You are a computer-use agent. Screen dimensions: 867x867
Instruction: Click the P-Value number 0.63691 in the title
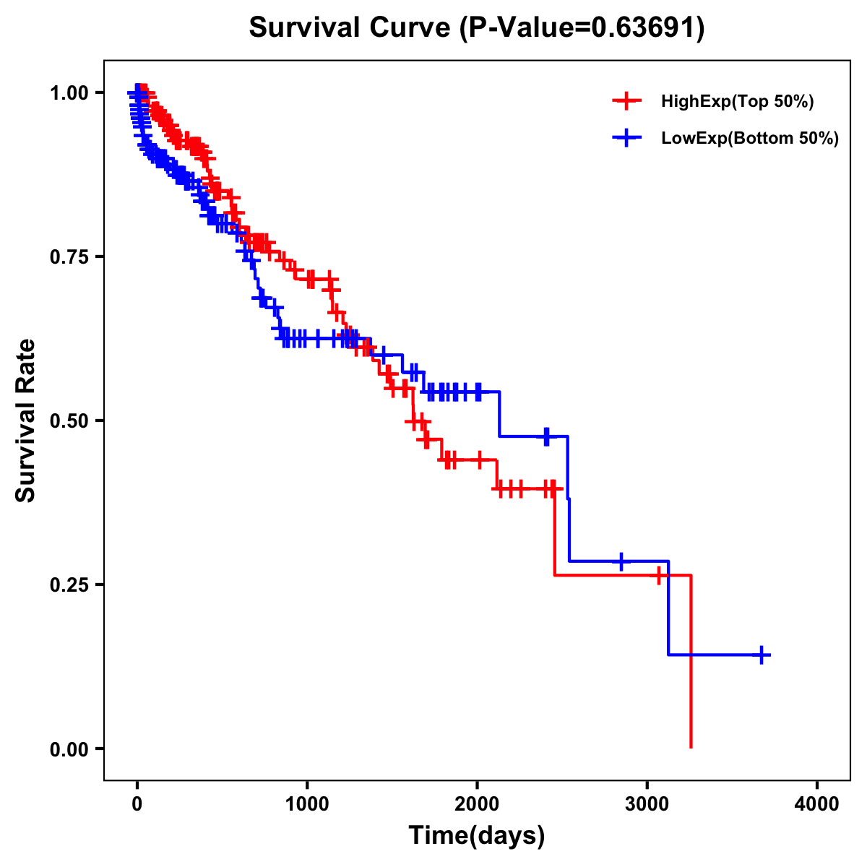pos(645,28)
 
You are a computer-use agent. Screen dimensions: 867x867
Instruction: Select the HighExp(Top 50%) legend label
pos(737,102)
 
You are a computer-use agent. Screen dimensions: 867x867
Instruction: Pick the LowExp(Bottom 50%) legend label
pos(750,139)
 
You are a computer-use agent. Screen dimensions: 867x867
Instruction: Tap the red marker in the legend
pos(626,101)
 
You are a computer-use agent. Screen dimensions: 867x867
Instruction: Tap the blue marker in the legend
pos(626,138)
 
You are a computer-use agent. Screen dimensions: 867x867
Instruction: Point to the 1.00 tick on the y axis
pos(69,92)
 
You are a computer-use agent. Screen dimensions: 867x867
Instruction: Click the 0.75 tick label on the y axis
pos(69,256)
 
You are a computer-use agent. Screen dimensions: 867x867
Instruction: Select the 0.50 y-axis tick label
pos(69,420)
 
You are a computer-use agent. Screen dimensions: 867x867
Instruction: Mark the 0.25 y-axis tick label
pos(69,585)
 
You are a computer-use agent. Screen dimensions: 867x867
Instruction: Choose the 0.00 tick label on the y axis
pos(69,749)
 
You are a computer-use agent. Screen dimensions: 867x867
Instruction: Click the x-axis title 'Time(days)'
pos(477,836)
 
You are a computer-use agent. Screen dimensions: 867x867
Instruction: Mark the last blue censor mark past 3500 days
pos(762,655)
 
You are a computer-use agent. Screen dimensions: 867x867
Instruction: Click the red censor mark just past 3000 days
pos(659,576)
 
